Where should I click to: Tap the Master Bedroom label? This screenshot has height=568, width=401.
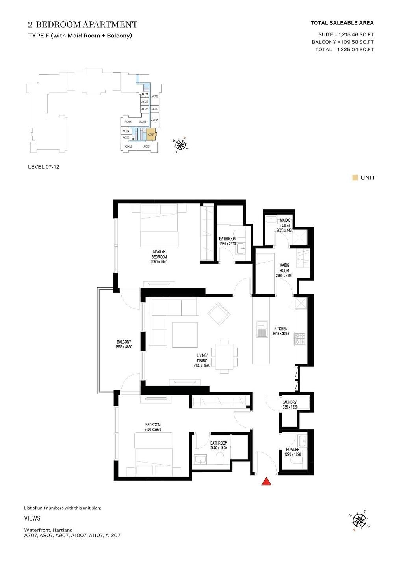(x=159, y=254)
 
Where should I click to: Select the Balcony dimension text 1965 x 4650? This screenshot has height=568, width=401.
(x=124, y=347)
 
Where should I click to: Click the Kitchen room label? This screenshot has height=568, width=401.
(x=281, y=329)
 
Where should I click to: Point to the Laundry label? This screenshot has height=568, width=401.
(x=290, y=402)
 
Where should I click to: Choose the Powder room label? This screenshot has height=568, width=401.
(x=293, y=450)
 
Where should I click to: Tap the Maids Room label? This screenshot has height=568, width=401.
(x=284, y=268)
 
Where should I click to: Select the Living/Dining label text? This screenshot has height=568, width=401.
(x=202, y=358)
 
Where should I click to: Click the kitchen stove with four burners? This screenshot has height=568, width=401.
(x=300, y=338)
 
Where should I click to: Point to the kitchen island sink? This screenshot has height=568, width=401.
(x=262, y=329)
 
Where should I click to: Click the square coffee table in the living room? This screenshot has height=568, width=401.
(x=185, y=334)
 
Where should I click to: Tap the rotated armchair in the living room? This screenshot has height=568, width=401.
(x=219, y=314)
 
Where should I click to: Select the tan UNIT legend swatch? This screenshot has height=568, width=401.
(x=355, y=177)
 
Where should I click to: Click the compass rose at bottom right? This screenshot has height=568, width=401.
(x=359, y=521)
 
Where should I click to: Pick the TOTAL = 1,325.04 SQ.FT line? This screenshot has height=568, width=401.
(x=344, y=49)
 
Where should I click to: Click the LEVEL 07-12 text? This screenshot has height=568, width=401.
(x=44, y=167)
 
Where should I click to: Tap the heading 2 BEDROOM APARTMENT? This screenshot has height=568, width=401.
(x=83, y=24)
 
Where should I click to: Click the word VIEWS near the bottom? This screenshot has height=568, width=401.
(x=32, y=518)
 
